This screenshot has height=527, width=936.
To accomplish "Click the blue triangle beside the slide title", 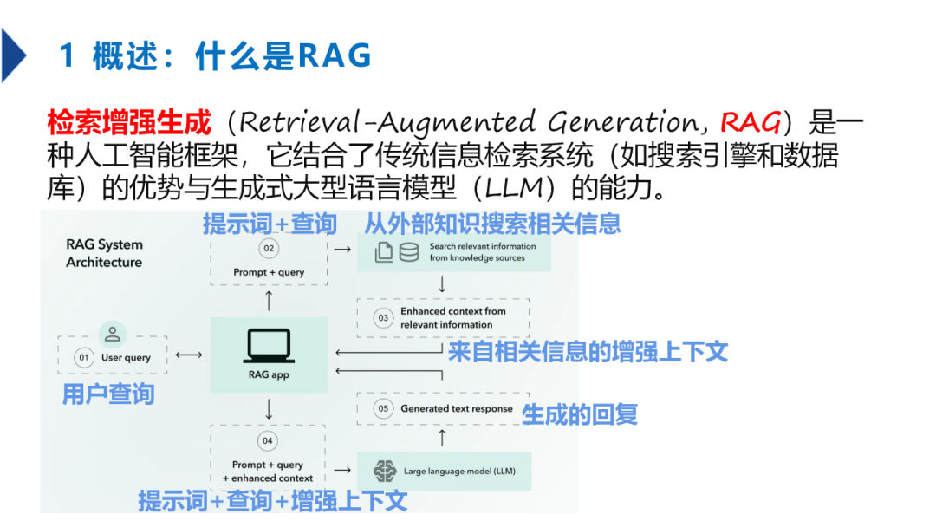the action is [12, 55].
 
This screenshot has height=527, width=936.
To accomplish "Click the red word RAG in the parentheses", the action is [750, 122].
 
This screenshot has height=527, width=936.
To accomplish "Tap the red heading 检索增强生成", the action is [129, 122].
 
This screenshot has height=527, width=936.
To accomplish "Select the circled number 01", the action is [83, 357].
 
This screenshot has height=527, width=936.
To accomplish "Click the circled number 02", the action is [269, 248].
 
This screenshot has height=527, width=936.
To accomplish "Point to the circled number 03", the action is [383, 318].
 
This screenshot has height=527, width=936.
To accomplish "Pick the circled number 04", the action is [267, 441].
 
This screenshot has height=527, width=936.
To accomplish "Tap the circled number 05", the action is [383, 409].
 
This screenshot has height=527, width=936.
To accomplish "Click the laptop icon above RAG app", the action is [269, 346].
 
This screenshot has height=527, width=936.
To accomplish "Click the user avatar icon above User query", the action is [112, 335].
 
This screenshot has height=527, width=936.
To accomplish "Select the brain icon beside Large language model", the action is [385, 471].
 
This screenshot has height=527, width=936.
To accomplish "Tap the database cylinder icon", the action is [409, 252].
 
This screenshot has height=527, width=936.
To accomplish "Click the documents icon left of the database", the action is [384, 252].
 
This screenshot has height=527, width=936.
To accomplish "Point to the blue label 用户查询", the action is [108, 394].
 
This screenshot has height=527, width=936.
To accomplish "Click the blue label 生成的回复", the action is [580, 414].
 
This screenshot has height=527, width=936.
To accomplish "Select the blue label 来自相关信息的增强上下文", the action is [588, 352].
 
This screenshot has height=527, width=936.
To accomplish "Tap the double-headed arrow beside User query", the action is [189, 355].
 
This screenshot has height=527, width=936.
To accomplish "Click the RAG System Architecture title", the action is [105, 253].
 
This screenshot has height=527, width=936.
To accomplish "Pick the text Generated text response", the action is [457, 409].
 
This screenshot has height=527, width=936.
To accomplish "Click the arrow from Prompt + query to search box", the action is [342, 249].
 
